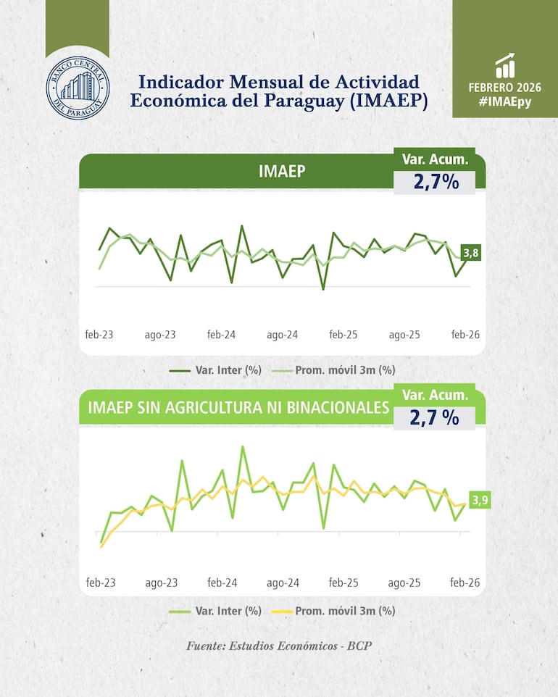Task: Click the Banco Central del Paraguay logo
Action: click(78, 88)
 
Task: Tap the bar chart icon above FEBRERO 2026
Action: click(505, 65)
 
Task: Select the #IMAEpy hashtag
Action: click(505, 103)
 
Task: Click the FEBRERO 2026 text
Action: click(505, 88)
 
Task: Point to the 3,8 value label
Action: click(470, 253)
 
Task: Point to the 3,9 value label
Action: click(480, 500)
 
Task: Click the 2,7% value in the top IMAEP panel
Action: click(436, 182)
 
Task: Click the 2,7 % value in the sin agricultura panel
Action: click(435, 417)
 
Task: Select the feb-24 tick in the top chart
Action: click(222, 335)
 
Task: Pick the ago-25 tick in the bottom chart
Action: click(404, 583)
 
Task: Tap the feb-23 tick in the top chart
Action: click(99, 335)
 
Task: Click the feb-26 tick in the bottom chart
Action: click(465, 583)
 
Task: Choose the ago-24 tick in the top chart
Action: click(283, 335)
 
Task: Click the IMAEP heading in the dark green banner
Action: click(282, 171)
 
